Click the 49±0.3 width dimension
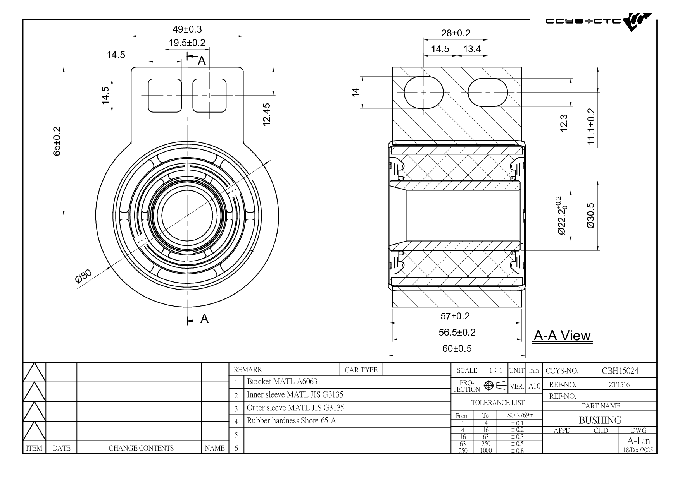pyautogui.click(x=187, y=29)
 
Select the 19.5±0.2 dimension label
pyautogui.click(x=187, y=43)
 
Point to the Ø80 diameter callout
pyautogui.click(x=83, y=276)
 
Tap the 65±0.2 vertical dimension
pyautogui.click(x=57, y=141)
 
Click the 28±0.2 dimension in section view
pyautogui.click(x=456, y=33)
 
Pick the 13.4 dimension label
pyautogui.click(x=472, y=49)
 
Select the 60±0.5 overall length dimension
pyautogui.click(x=457, y=349)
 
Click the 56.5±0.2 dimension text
pyautogui.click(x=457, y=333)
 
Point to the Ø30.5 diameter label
pyautogui.click(x=590, y=216)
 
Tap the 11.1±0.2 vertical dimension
pyautogui.click(x=591, y=126)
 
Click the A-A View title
pyautogui.click(x=562, y=336)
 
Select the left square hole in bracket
pyautogui.click(x=165, y=96)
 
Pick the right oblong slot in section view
pyautogui.click(x=487, y=93)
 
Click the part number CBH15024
pyautogui.click(x=620, y=371)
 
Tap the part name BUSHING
pyautogui.click(x=600, y=420)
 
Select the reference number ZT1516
pyautogui.click(x=619, y=385)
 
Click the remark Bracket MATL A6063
pyautogui.click(x=282, y=382)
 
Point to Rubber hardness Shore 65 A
pyautogui.click(x=291, y=421)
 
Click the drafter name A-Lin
pyautogui.click(x=638, y=441)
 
